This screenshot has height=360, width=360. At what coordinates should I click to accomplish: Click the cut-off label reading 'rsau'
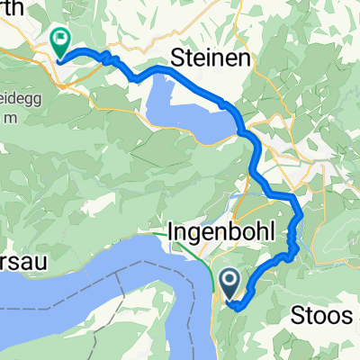23,249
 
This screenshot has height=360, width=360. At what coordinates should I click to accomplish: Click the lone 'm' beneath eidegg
8,118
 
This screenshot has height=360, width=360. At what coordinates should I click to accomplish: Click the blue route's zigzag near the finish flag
111,58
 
